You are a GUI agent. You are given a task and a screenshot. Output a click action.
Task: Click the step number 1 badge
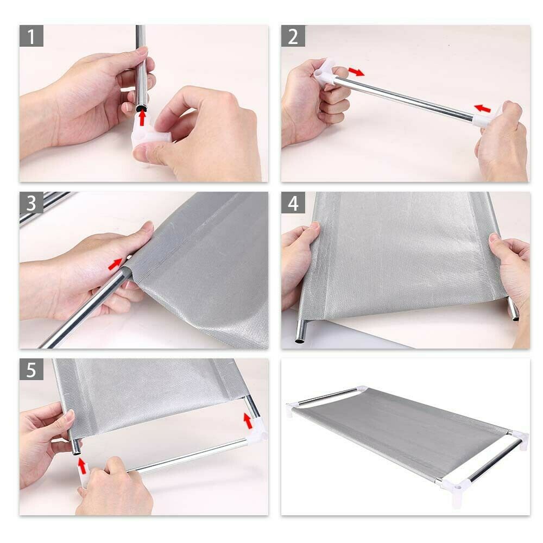coord(31,36)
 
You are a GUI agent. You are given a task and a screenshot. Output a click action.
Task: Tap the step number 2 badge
coord(293,36)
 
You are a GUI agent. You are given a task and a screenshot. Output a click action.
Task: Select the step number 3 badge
coord(31,203)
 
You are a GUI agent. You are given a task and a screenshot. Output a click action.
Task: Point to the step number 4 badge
coord(293,203)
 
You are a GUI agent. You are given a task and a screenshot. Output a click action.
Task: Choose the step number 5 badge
coord(31,369)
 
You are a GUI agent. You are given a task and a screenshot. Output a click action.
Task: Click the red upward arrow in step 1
coord(142,118)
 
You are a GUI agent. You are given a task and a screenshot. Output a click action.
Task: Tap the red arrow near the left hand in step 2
coord(356,72)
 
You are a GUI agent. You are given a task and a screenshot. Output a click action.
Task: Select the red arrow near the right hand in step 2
coord(482,109)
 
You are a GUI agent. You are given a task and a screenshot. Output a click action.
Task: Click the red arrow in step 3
coord(115,264)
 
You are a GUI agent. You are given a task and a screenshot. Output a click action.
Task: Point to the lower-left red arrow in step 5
coord(82,466)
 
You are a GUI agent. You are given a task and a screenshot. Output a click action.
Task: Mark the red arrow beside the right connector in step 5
coord(247,421)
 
